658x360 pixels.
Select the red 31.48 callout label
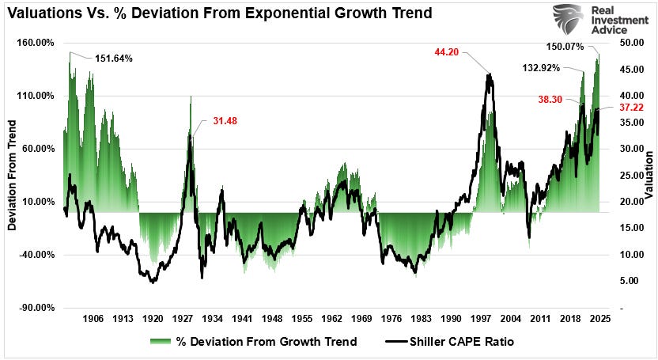(x=225, y=121)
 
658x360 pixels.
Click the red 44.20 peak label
(x=447, y=52)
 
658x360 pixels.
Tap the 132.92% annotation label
(x=540, y=68)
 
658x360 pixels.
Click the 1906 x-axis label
(x=93, y=319)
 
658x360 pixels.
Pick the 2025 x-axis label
(x=599, y=319)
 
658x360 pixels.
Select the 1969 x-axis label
(x=361, y=319)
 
